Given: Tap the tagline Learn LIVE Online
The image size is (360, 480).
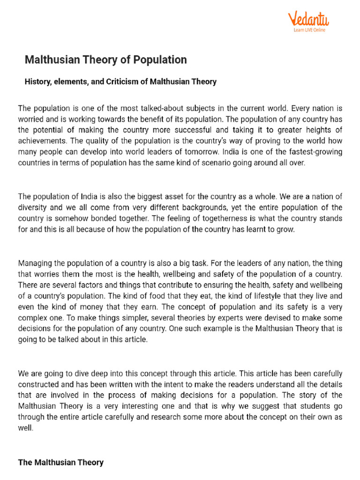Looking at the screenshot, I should click(x=309, y=30).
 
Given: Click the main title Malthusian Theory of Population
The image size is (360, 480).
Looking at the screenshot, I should click(x=105, y=60).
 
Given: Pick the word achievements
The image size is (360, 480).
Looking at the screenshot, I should click(x=41, y=141).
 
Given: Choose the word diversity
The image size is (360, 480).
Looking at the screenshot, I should click(x=33, y=208).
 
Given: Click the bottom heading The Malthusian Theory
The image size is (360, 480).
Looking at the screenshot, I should click(x=61, y=462).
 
